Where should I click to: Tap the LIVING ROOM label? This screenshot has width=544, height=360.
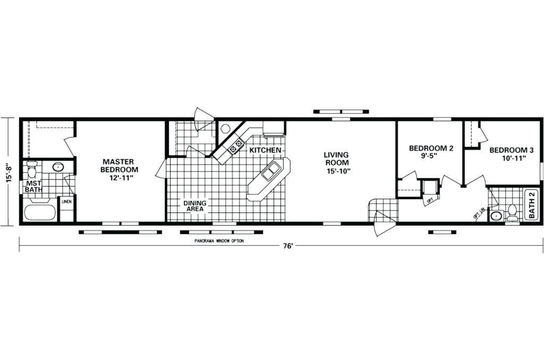[336, 159]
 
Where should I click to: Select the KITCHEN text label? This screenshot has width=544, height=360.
[265, 151]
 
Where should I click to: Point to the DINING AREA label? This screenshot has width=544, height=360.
[195, 206]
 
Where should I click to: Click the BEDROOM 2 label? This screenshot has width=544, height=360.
[431, 149]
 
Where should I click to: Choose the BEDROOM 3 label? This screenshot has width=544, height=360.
[511, 150]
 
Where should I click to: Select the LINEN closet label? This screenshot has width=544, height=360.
[66, 202]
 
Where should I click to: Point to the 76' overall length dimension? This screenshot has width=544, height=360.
[288, 246]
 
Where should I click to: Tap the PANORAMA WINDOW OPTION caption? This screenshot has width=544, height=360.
[219, 241]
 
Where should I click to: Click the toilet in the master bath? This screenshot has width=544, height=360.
[31, 170]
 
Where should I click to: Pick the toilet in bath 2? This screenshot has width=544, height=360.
[512, 212]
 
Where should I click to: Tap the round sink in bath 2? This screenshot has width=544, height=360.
[496, 216]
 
